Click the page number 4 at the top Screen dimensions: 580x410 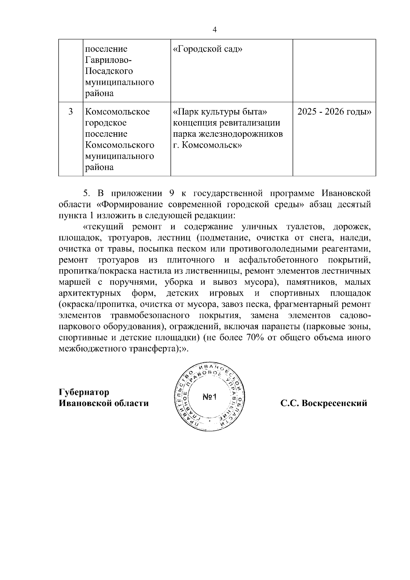tap(215, 30)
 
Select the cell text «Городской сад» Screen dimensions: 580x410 tap(208, 49)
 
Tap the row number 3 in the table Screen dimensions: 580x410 tap(70, 112)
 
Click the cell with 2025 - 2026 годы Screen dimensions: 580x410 tap(334, 112)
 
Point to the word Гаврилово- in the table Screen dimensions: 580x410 tap(108, 60)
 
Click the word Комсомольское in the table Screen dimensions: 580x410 tap(117, 112)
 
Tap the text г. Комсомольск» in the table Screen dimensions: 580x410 tap(208, 145)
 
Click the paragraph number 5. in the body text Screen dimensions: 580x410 tap(86, 193)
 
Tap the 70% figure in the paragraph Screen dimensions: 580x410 tap(253, 338)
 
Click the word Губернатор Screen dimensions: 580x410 tap(84, 392)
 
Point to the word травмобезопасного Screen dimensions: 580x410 tap(150, 315)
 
